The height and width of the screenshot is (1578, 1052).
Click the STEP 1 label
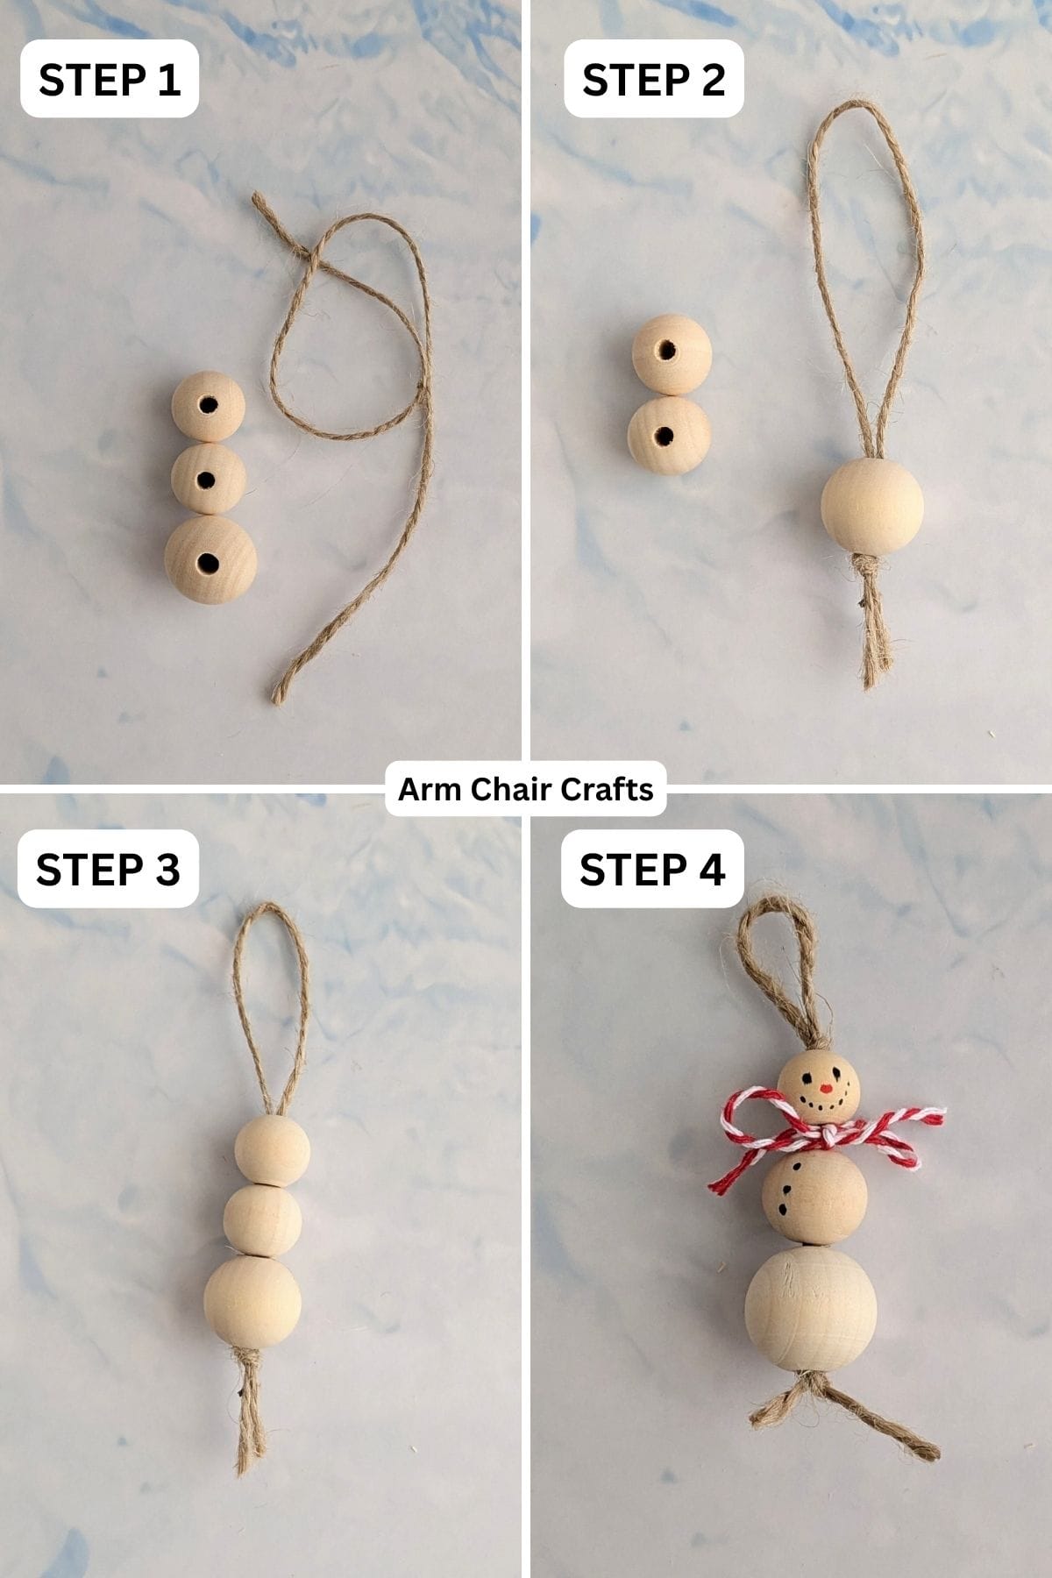pos(110,79)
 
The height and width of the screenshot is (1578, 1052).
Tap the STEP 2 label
pos(654,79)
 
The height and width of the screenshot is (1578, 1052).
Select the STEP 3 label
pos(108,869)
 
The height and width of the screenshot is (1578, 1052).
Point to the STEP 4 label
pos(652,869)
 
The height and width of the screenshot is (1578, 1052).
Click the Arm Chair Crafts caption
pos(525,789)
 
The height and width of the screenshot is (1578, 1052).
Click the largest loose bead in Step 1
pos(210,559)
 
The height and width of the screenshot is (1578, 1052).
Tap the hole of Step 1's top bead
pos(208,405)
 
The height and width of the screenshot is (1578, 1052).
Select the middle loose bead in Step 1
pos(208,479)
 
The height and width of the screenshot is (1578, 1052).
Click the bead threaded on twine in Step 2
pos(871,506)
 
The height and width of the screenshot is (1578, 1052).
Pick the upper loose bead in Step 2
pos(672,353)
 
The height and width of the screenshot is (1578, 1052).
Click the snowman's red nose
pos(824,1090)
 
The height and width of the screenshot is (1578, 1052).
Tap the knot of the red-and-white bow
pos(828,1137)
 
